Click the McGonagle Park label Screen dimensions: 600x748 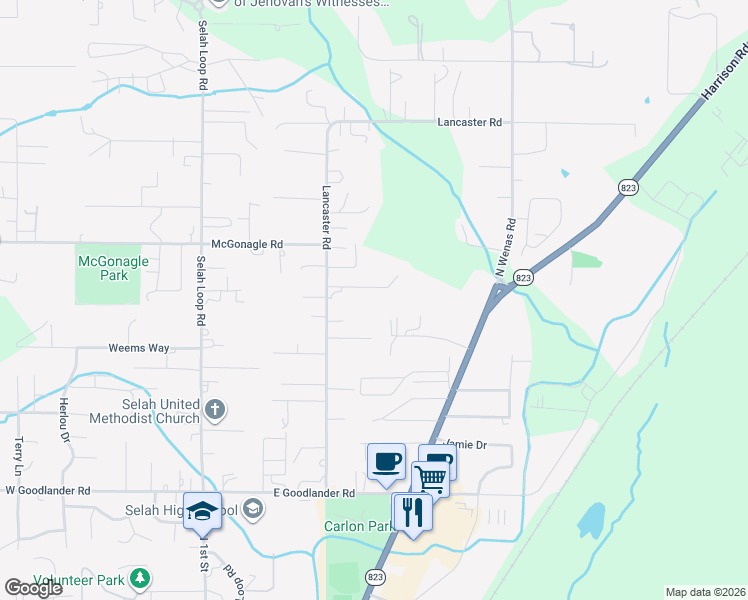[x=113, y=268]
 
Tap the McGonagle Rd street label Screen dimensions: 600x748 [x=248, y=244]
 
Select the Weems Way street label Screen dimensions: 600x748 [x=140, y=348]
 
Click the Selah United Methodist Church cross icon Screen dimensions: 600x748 [x=215, y=409]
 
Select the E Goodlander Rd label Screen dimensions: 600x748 [x=315, y=493]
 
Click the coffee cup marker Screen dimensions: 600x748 [x=386, y=462]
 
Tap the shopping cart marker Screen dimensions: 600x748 [x=430, y=477]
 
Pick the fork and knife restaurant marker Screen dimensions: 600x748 [x=412, y=511]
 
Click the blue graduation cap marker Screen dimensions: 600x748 [x=202, y=510]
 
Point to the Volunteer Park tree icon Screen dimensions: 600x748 [x=141, y=578]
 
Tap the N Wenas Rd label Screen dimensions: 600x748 [x=504, y=248]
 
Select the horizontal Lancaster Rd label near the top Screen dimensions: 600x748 [x=469, y=122]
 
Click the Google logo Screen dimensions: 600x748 [x=33, y=588]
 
